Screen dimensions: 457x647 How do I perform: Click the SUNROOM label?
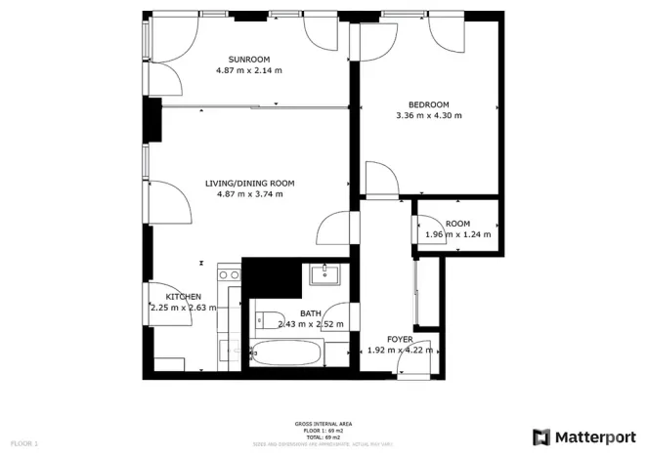248,59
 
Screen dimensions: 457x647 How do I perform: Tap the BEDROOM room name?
428,104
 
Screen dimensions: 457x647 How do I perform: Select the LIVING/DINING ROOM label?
249,183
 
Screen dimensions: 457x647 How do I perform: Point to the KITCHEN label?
183,297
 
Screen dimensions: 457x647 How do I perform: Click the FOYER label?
399,339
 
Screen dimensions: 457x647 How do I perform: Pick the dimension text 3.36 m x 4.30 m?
428,116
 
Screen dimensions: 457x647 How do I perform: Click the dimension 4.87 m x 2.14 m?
248,70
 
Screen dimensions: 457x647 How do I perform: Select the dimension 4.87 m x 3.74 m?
249,194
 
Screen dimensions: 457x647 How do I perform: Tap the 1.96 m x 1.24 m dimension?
457,235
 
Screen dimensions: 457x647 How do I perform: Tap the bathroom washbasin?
323,275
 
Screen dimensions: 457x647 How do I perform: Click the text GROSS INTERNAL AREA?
323,424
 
